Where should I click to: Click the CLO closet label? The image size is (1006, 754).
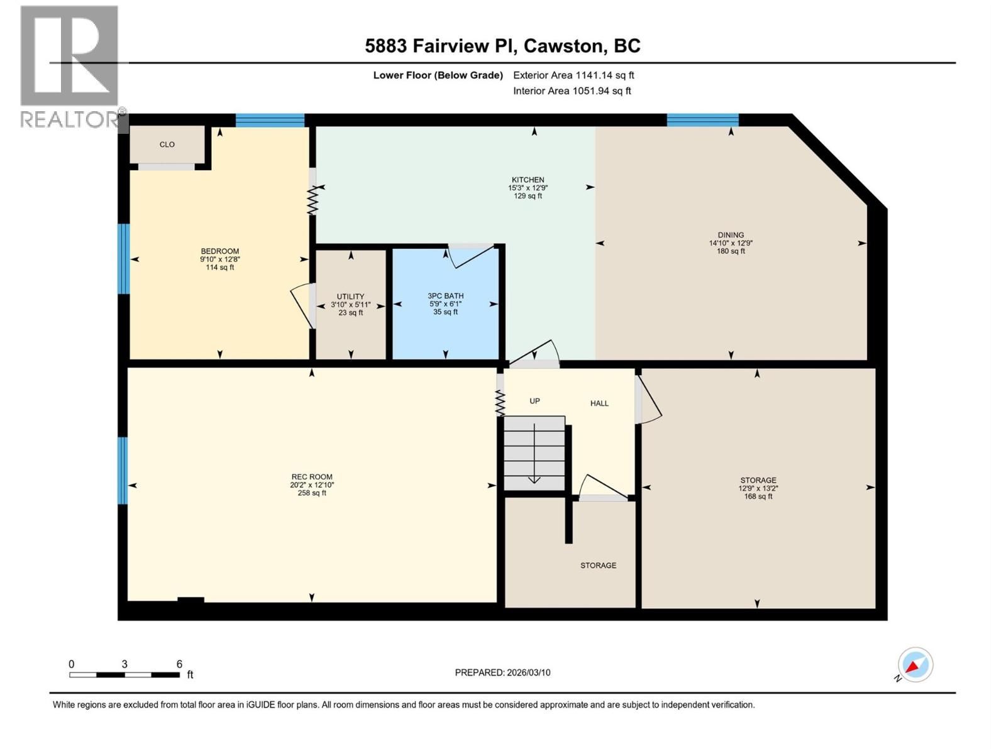pos(167,145)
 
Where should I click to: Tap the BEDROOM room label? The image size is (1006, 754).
pos(220,251)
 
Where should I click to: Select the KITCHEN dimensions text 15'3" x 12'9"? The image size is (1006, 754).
pos(528,188)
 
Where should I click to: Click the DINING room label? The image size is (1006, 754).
pos(731,235)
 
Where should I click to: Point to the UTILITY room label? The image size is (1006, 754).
pos(350,297)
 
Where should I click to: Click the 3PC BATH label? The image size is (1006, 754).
pos(445,296)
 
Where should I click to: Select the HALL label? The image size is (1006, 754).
pos(599,403)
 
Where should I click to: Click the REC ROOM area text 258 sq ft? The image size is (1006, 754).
pos(312,493)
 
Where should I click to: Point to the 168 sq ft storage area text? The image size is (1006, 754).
pos(758,496)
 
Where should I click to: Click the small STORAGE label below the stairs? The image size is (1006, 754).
pos(598,565)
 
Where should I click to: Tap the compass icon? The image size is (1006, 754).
pos(915,665)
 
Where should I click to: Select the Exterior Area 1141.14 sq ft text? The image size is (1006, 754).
pos(573,75)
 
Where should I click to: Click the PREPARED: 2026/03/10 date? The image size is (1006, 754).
pos(502,672)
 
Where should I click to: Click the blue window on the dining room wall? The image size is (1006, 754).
pos(702,120)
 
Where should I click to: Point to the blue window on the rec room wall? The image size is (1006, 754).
pos(123,471)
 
